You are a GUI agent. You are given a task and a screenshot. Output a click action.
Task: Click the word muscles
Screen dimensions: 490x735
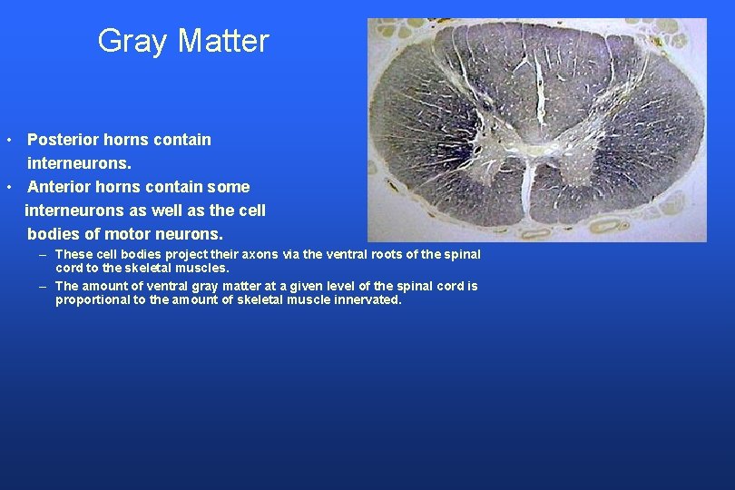tap(204, 269)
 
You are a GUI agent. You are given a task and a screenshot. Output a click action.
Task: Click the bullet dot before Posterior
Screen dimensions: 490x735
tap(7, 141)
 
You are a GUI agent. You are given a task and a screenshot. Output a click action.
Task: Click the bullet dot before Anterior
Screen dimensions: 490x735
tap(7, 188)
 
